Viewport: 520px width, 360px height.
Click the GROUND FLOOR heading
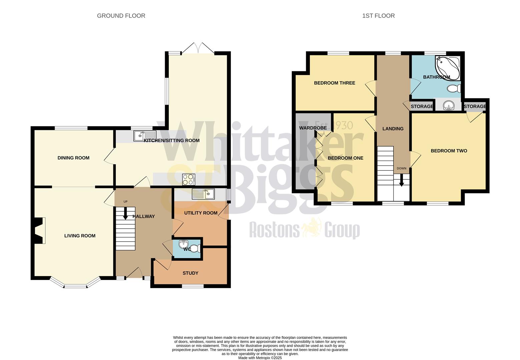(x=121, y=16)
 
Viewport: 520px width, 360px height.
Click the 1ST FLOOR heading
(x=378, y=16)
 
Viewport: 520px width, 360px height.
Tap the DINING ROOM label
(x=73, y=158)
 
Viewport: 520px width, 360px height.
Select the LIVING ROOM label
(x=80, y=236)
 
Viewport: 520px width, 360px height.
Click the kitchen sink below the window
(x=145, y=136)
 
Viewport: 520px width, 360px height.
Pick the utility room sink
(x=203, y=194)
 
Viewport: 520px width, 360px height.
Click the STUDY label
(x=190, y=273)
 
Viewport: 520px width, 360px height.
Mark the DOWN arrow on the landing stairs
(x=402, y=180)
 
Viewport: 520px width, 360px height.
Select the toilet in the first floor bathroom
(x=454, y=89)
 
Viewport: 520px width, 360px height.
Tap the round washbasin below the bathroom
(x=449, y=106)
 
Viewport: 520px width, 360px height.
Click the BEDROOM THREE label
(x=335, y=83)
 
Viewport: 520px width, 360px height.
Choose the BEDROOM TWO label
(x=449, y=151)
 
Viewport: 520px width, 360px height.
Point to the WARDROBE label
(x=313, y=128)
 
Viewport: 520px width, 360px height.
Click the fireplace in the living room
(x=39, y=231)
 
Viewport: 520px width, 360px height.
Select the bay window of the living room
(x=75, y=284)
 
